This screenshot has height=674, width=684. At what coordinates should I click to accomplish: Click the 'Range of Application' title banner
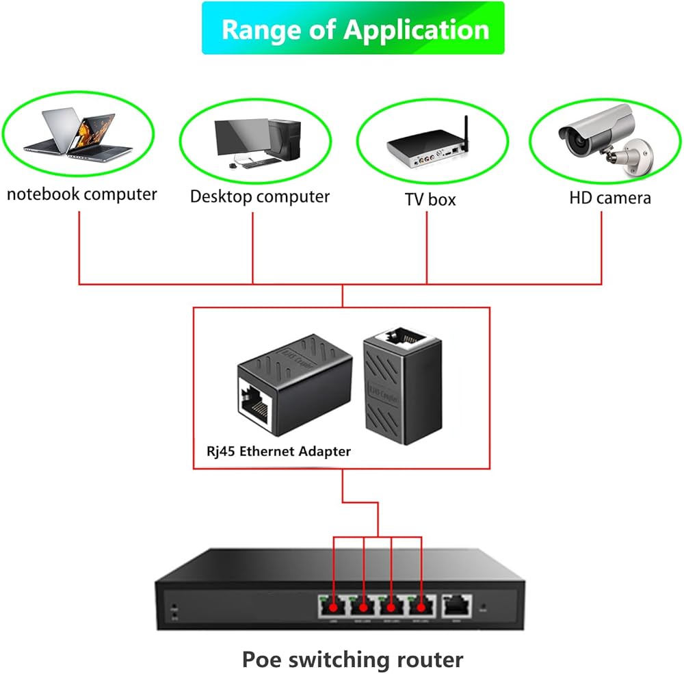[x=353, y=29]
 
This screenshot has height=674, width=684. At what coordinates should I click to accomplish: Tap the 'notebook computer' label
[x=82, y=194]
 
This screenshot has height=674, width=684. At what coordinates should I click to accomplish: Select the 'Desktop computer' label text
[x=260, y=196]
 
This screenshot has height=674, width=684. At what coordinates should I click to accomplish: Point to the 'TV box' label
[x=430, y=199]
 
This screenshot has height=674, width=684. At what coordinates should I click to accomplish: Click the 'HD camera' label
[x=610, y=198]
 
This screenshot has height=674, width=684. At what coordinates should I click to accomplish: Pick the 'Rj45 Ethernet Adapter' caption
[x=279, y=451]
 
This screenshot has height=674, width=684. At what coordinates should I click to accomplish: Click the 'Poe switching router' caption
[x=352, y=660]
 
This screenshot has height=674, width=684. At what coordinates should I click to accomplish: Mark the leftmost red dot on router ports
[x=334, y=606]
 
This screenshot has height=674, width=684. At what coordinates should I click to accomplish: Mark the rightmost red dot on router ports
[x=421, y=606]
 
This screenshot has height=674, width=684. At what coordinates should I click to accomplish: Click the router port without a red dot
[x=456, y=604]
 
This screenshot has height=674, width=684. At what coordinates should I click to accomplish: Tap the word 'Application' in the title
[x=417, y=29]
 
